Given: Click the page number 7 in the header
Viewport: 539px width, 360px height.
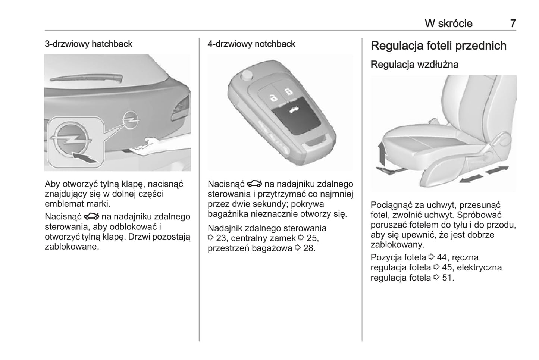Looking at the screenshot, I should coord(513,24).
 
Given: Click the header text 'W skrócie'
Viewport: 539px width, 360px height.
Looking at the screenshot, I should coord(448,24).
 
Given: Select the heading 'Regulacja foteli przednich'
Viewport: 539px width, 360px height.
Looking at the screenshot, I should coord(438,46).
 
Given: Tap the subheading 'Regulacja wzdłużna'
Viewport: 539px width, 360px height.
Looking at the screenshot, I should coord(414,65).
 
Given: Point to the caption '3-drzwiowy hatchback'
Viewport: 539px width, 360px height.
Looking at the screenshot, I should coord(88,44).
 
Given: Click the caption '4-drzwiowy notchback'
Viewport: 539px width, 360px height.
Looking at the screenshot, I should coord(251,44).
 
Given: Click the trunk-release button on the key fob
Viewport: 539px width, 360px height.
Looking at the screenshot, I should coord(296,118).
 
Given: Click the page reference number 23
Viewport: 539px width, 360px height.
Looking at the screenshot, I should coord(221,238).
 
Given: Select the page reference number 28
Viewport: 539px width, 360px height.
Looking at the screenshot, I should coord(309,248).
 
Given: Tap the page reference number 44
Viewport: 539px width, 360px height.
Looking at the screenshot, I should coord(441,257).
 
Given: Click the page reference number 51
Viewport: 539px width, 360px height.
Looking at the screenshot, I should coord(446,278).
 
